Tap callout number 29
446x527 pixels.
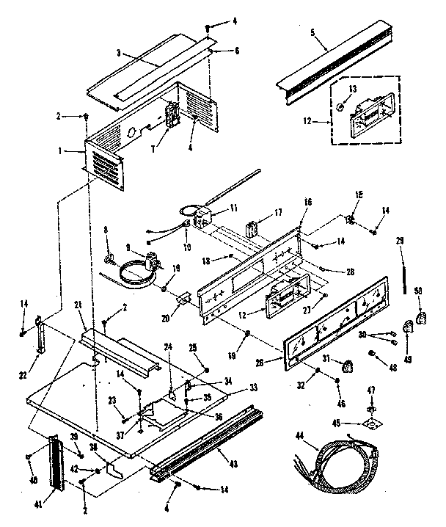tap(401, 241)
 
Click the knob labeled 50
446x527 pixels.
tap(420, 317)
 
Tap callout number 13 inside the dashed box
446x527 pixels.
tap(352, 88)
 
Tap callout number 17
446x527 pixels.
tap(277, 213)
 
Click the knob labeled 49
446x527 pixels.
tap(406, 327)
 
